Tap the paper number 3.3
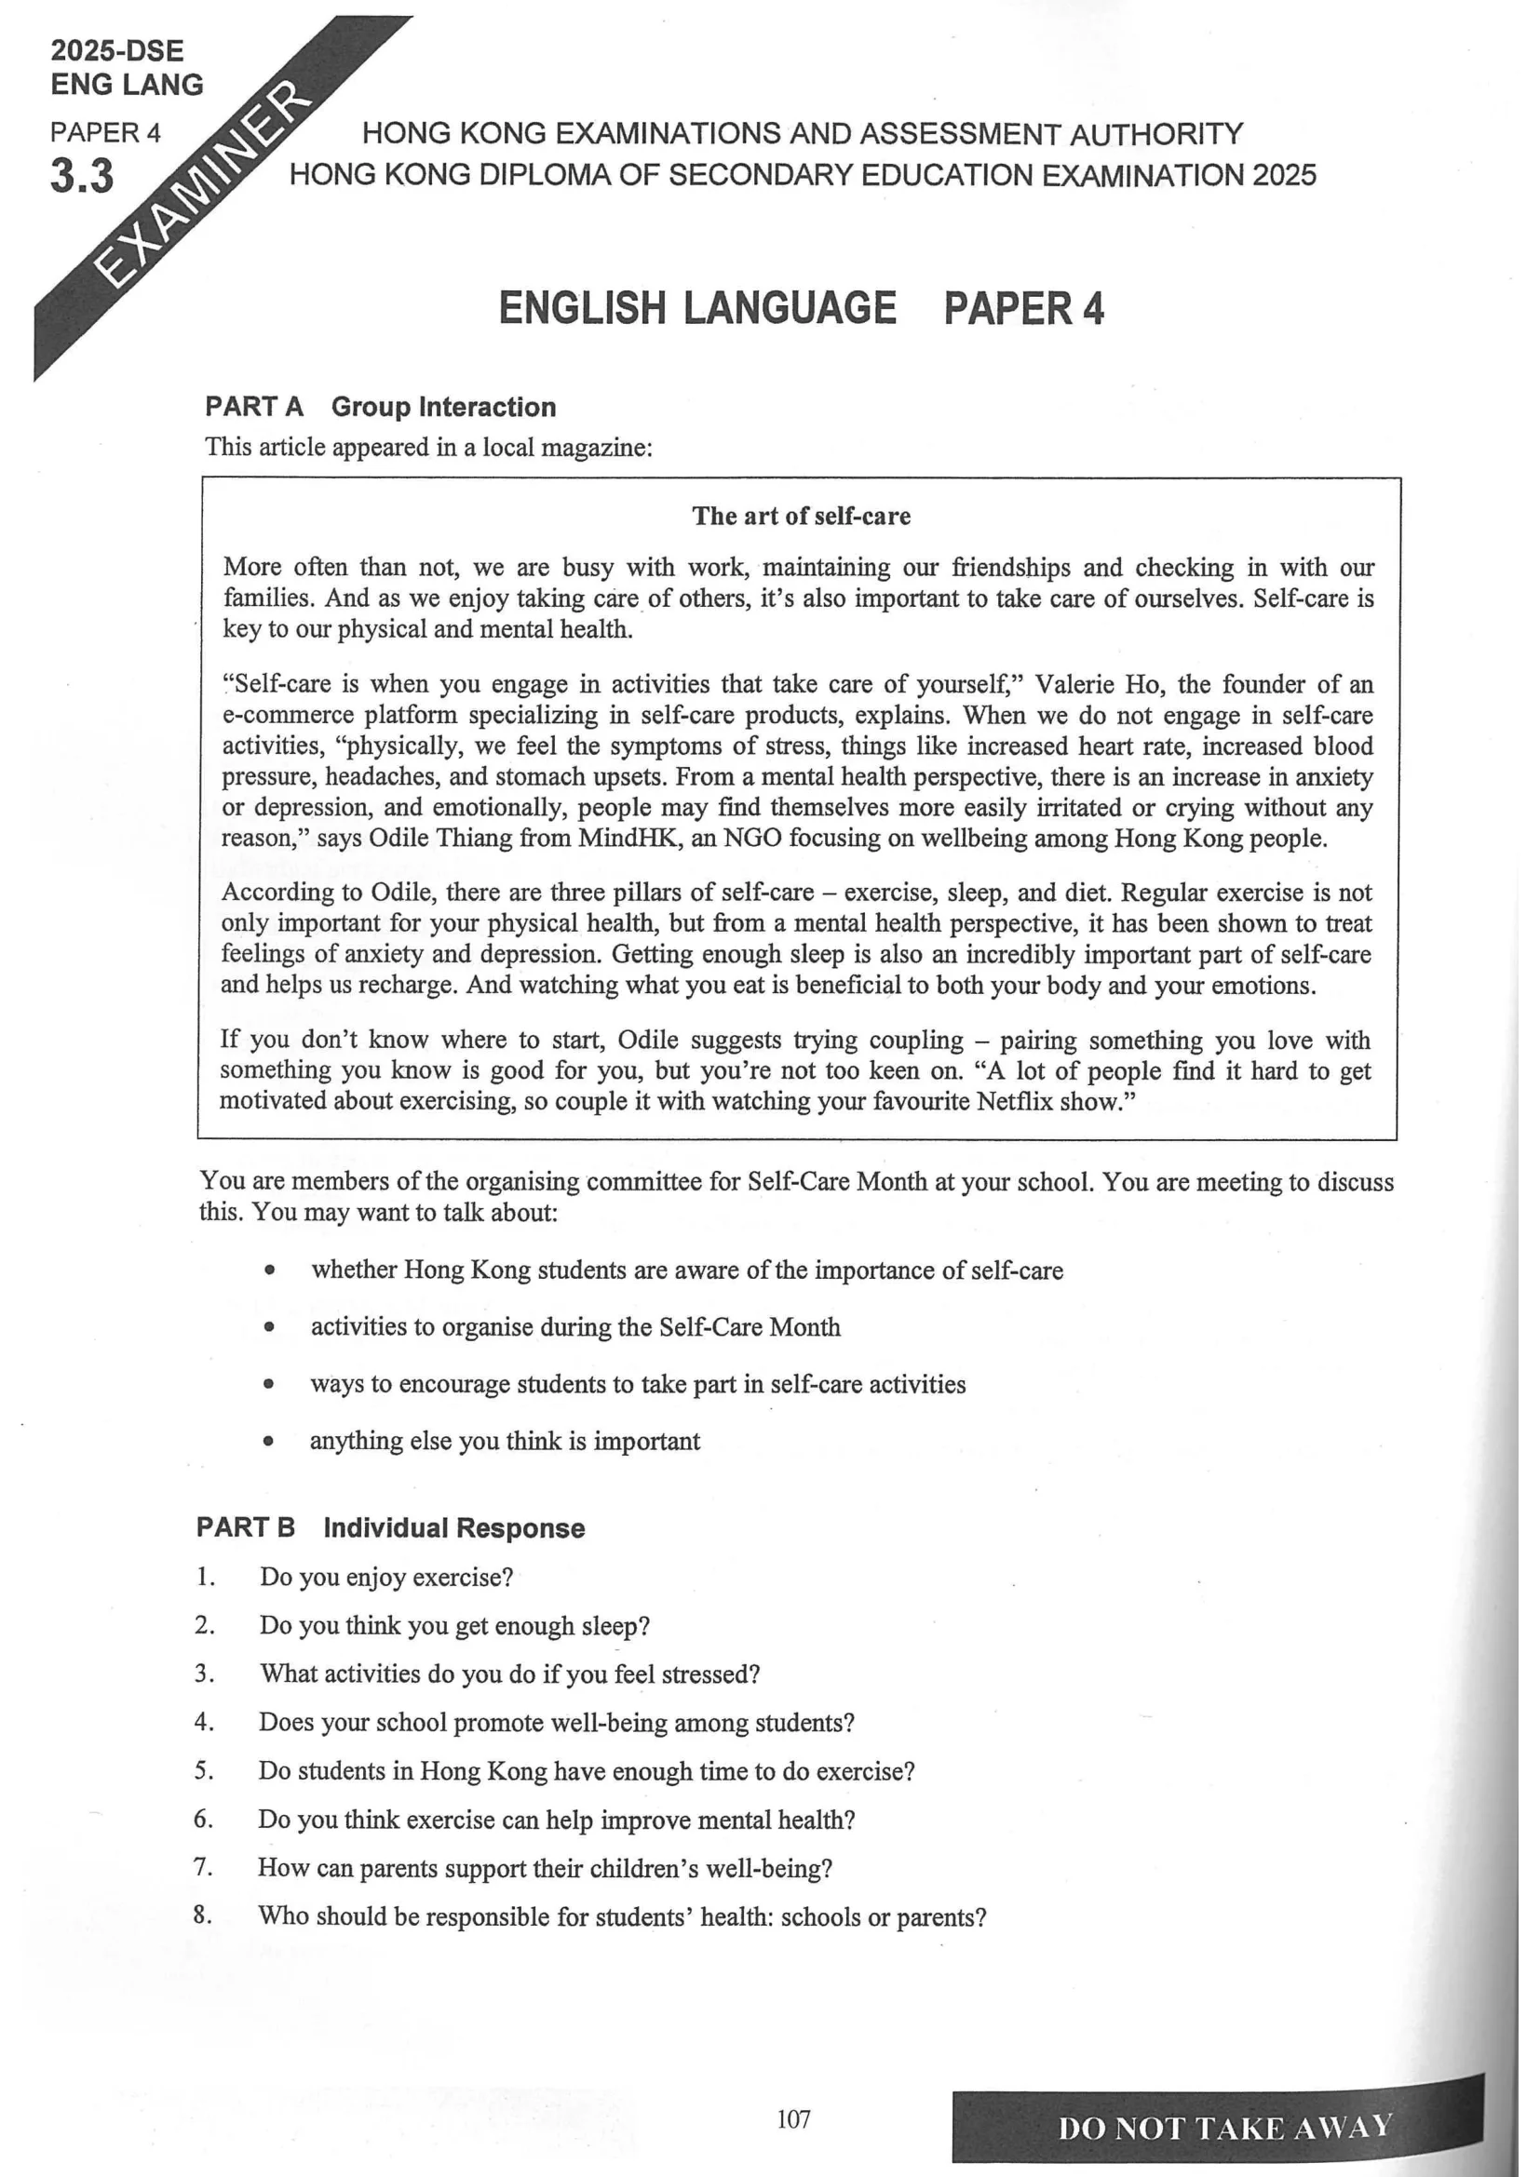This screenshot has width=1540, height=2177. (x=82, y=176)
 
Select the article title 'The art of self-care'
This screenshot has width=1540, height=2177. (x=802, y=516)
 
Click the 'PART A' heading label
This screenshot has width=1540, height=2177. (x=254, y=407)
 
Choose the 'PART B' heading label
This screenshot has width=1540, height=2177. (x=246, y=1527)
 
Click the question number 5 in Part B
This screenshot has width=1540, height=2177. (x=204, y=1770)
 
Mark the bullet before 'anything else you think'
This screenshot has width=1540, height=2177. (x=269, y=1442)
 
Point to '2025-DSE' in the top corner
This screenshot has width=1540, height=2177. (x=117, y=50)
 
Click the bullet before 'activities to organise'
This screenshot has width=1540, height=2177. (x=269, y=1328)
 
